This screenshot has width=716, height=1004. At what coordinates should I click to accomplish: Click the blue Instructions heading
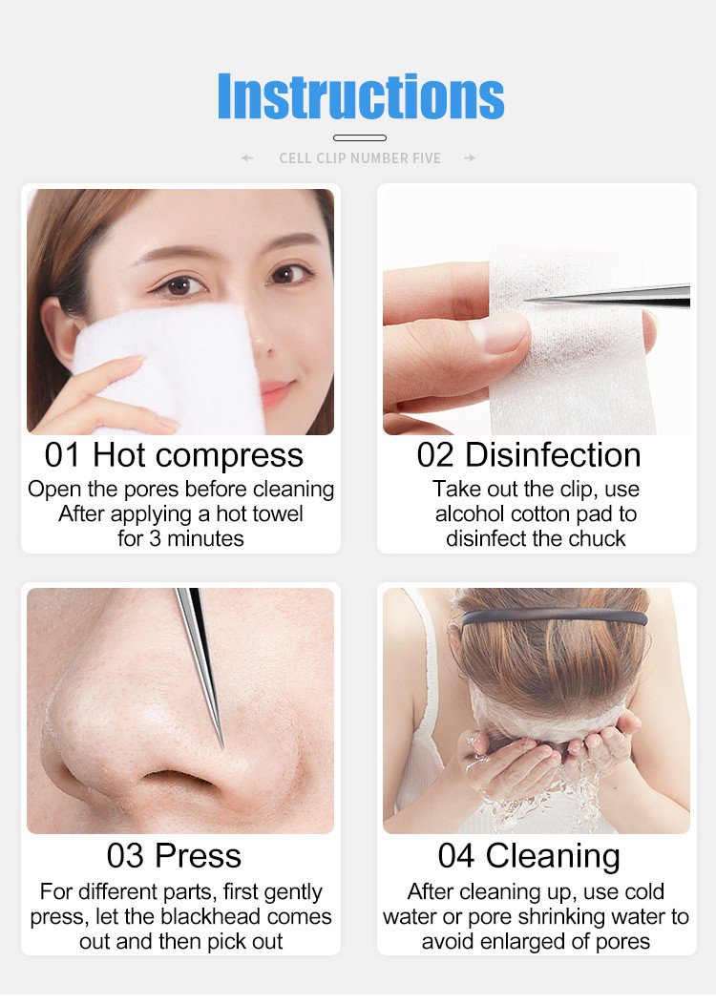coord(361,96)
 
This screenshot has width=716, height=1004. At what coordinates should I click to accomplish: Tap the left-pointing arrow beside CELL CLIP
coord(247,158)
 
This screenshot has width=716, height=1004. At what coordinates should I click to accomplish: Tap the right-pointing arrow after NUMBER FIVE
coord(470,158)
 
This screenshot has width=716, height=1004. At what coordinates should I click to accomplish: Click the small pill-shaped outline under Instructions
coord(360,137)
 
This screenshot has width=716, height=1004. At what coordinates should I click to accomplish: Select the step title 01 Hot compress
coord(174,456)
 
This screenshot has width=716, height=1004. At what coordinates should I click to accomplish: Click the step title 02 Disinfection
coord(528,455)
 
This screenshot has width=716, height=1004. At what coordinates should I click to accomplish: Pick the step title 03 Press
coord(174,855)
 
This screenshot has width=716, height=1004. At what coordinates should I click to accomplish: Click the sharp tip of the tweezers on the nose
coord(222,746)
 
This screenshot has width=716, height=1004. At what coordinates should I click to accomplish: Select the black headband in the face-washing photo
coord(555,617)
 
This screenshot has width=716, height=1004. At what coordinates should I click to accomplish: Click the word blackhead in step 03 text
coord(211,917)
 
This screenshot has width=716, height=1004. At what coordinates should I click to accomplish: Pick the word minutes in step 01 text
coord(205,539)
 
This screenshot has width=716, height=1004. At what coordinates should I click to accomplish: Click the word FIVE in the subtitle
coord(425,158)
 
